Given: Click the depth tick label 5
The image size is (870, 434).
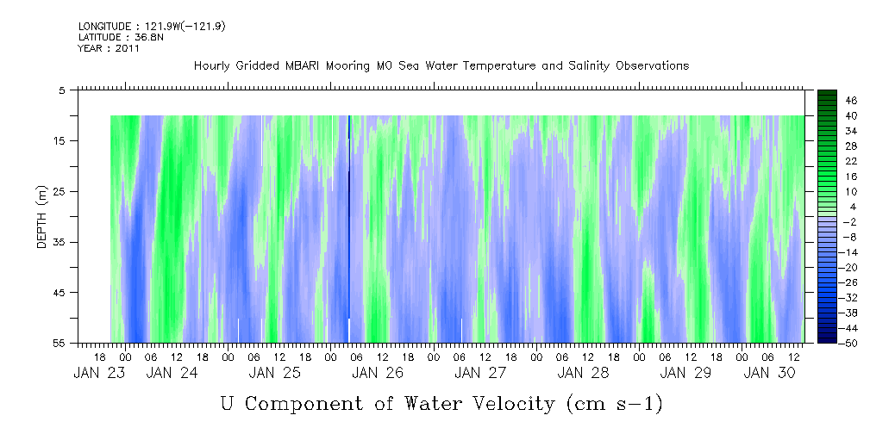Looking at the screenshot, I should (x=62, y=90).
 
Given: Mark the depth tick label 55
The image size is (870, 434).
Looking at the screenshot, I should (x=60, y=344).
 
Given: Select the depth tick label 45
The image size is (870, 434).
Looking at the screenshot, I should (x=60, y=293).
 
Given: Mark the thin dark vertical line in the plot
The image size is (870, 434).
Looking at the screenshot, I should (x=348, y=215).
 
